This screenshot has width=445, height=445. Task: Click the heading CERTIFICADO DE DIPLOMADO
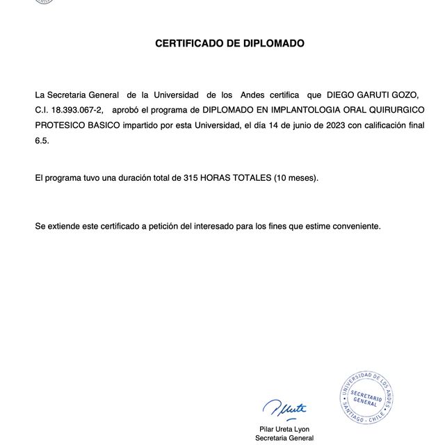229,43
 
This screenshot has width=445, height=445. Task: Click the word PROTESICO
61,125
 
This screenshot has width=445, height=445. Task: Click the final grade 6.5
42,140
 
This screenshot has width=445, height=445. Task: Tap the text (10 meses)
296,178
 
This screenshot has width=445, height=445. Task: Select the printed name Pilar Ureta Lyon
284,428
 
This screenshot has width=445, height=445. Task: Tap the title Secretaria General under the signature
284,438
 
